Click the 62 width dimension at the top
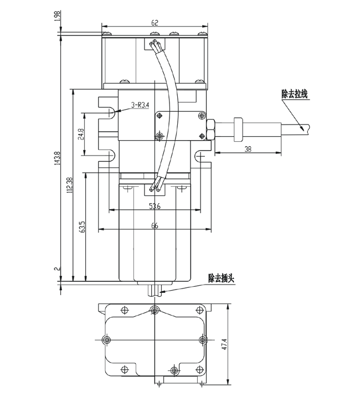tap(155, 23)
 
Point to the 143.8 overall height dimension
tap(57, 159)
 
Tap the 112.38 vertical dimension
tap(69, 185)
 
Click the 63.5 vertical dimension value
tap(81, 227)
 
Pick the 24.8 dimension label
tap(81, 135)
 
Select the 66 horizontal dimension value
tap(155, 225)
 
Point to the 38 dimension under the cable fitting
tap(247, 148)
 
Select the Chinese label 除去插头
tap(222, 277)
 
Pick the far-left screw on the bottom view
tap(106, 339)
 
